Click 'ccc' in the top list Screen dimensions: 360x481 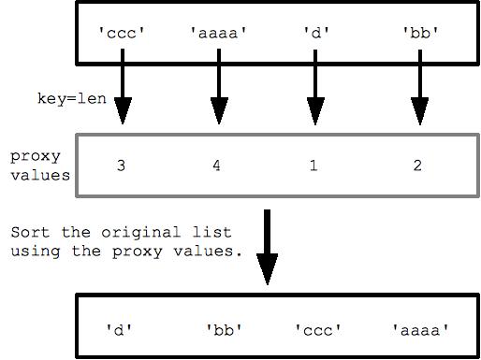coord(123,33)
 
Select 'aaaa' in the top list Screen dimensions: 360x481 coord(218,33)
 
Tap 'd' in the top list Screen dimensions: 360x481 coord(313,33)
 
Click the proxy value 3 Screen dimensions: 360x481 coord(122,166)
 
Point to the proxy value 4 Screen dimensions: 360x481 coord(217,166)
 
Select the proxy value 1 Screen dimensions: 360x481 coord(313,166)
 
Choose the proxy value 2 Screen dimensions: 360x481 coord(417,166)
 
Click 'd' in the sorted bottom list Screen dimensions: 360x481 coord(119,329)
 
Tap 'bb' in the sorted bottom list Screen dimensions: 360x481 coord(224,329)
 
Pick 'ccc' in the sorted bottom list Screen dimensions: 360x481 coord(319,329)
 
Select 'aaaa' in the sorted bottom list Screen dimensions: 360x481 coord(419,329)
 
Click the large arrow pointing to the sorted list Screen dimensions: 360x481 coord(268,248)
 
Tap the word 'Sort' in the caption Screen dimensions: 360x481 coord(28,231)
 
